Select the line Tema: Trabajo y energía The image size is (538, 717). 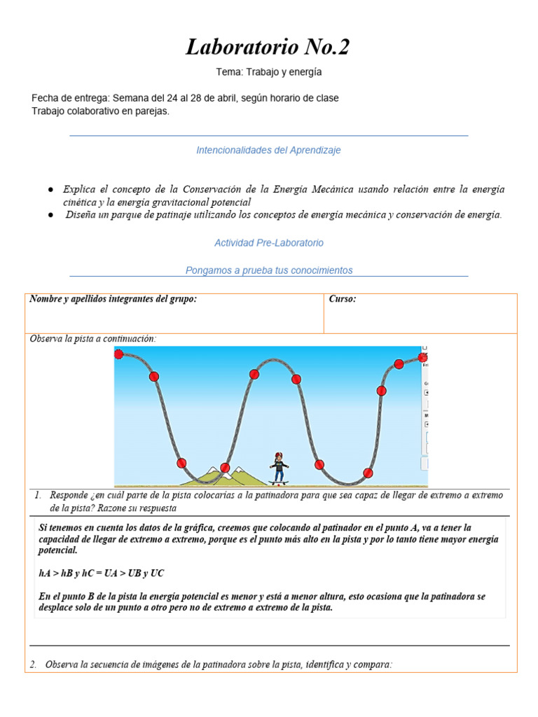pos(269,72)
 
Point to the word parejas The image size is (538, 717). pos(152,111)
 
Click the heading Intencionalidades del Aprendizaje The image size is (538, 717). pos(268,151)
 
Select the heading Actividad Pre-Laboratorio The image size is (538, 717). pos(269,243)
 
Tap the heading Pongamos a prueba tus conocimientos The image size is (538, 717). pos(269,270)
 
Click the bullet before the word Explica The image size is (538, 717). pos(51,190)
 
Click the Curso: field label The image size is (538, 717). pos(343,299)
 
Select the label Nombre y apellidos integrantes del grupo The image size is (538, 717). pos(113,299)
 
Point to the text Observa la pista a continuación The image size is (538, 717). pos(93,339)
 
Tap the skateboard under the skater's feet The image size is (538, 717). pos(280,483)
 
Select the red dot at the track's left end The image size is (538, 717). pos(119,354)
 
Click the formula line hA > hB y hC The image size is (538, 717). pos(102,573)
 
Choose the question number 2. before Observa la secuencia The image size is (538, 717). pos(34,664)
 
